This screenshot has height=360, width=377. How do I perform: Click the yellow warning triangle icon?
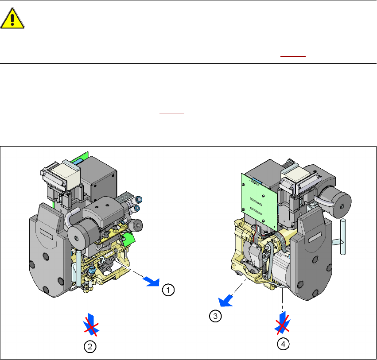click(x=12, y=19)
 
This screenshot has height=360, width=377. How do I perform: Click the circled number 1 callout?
click(x=168, y=290)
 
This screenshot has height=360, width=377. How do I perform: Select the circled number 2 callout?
click(x=90, y=347)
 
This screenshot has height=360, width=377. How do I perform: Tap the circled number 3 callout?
click(x=215, y=316)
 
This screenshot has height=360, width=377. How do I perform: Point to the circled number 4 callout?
click(x=283, y=344)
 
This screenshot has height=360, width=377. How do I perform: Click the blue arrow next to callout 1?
click(x=152, y=282)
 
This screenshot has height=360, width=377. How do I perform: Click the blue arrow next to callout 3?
click(x=225, y=301)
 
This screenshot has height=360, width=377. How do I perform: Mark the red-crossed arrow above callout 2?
click(x=91, y=325)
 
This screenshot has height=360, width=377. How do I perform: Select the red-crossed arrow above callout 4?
click(x=283, y=323)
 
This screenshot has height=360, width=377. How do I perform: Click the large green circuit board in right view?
click(x=259, y=201)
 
